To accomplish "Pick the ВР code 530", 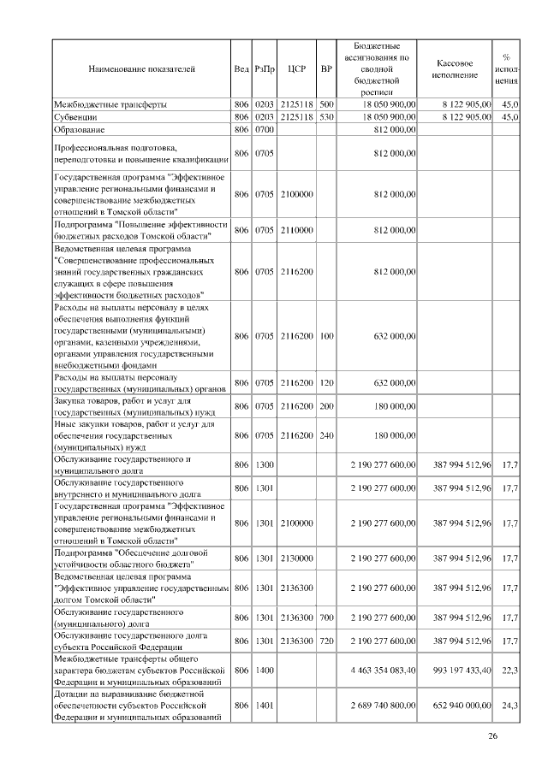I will (325, 116).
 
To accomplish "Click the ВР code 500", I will (325, 104).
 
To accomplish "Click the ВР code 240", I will (325, 435).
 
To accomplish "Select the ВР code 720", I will (325, 641).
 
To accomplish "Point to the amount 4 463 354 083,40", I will (383, 670).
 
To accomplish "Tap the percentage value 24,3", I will (509, 706).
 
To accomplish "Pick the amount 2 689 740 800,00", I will (383, 706).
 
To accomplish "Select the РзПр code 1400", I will (265, 670).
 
